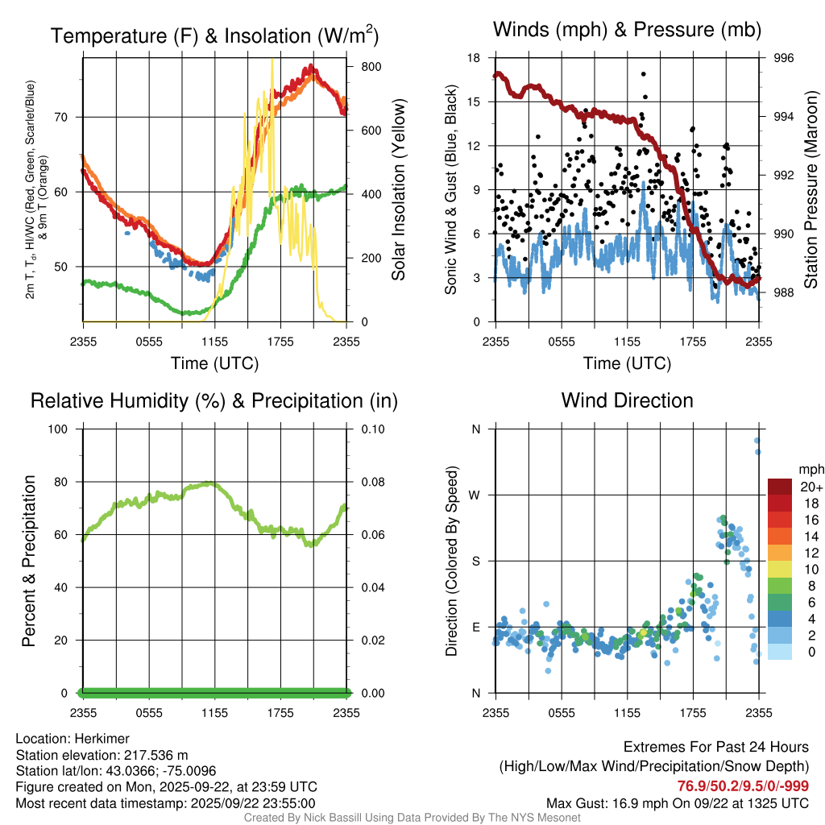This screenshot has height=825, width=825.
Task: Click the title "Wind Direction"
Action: point(627,400)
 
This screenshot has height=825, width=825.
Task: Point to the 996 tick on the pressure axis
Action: point(784,58)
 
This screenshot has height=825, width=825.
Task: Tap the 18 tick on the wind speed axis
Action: point(475,58)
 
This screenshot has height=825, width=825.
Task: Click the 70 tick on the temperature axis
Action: point(71,118)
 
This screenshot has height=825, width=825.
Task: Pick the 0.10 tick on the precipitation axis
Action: point(371,429)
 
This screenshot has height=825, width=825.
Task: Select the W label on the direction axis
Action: point(475,495)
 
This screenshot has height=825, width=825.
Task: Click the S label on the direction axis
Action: point(475,562)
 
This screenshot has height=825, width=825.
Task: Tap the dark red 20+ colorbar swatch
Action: point(780,487)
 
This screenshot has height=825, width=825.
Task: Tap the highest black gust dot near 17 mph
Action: point(644,74)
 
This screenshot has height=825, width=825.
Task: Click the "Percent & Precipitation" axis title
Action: point(29,561)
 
